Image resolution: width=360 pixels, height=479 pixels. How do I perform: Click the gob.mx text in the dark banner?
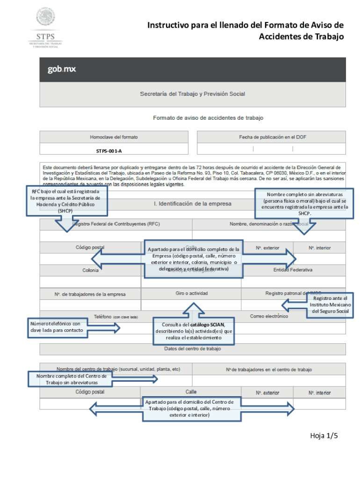click(61, 69)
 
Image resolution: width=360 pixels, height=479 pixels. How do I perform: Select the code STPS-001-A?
click(109, 151)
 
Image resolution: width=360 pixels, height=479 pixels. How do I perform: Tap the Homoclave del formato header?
click(114, 137)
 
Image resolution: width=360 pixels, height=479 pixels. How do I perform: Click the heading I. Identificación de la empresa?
click(193, 204)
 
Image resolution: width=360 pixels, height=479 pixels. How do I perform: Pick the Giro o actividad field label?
click(192, 293)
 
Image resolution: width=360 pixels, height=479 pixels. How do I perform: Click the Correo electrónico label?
click(269, 316)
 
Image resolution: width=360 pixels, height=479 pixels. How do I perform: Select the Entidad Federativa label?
click(293, 270)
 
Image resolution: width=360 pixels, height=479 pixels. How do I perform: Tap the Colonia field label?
click(90, 270)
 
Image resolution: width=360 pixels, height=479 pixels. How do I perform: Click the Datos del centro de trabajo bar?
click(193, 348)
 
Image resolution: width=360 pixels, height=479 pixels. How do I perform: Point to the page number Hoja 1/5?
click(324, 436)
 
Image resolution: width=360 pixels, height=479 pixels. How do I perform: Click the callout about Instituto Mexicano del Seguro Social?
click(330, 305)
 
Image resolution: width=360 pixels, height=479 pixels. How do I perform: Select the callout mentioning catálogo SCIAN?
click(193, 331)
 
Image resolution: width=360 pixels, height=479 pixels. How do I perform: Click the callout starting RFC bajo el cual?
click(65, 201)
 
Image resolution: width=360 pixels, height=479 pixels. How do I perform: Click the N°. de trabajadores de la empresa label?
click(90, 294)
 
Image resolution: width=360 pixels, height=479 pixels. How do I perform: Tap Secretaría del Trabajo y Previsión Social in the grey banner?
click(193, 94)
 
